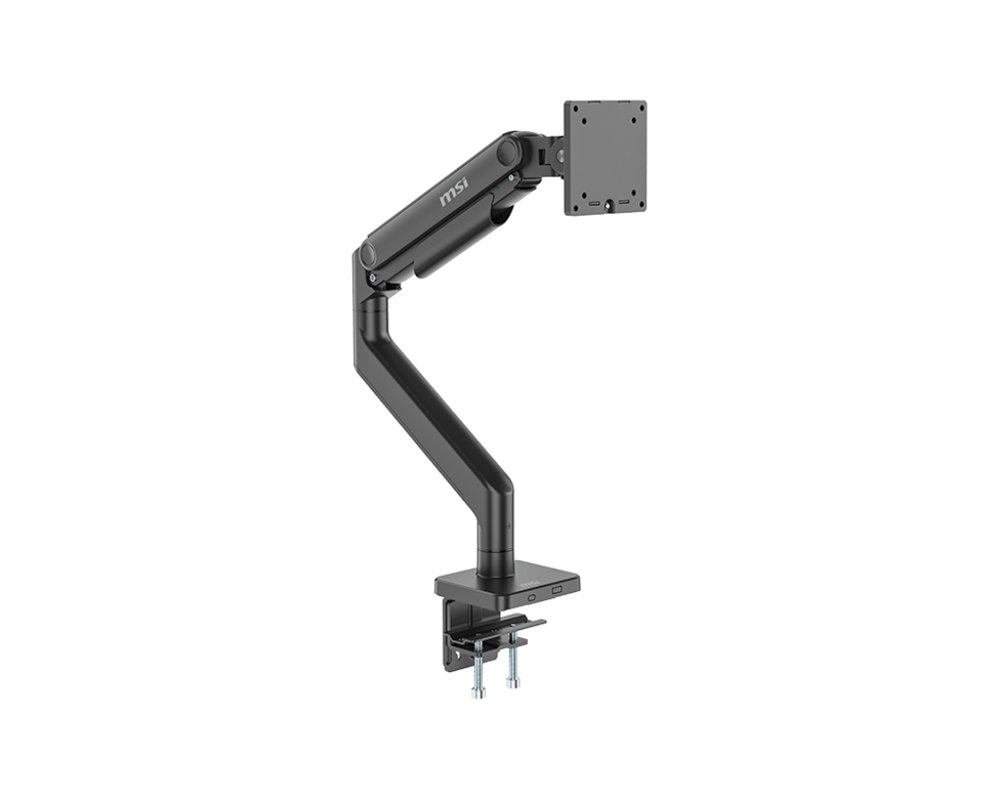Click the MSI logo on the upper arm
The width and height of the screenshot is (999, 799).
[x=455, y=192]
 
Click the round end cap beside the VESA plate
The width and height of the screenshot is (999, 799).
[x=507, y=151]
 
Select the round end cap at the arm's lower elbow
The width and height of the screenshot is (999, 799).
[x=369, y=256]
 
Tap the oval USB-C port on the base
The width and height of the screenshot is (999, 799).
[x=532, y=595]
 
